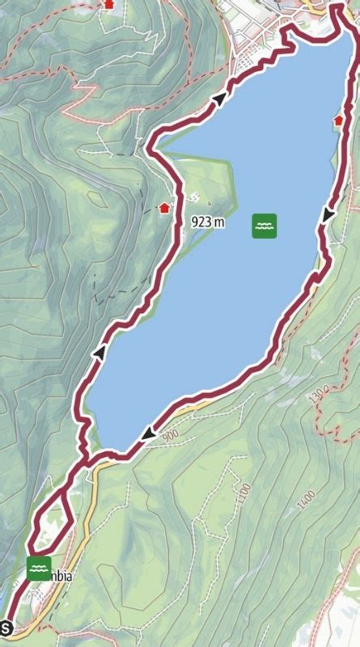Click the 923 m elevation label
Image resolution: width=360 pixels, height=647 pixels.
pos(208,221)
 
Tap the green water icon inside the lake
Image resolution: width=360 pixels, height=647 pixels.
pos(264,226)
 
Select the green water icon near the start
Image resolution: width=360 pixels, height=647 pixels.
pos(39,569)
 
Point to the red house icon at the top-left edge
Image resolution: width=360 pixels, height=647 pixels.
pos(109,4)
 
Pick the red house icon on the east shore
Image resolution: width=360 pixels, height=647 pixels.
pos(338,120)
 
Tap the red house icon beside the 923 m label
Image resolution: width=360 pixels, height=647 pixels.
pos(165,207)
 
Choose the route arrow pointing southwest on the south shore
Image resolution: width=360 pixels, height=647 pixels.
pos(148,434)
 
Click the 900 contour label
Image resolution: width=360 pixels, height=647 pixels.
pos(169,437)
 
